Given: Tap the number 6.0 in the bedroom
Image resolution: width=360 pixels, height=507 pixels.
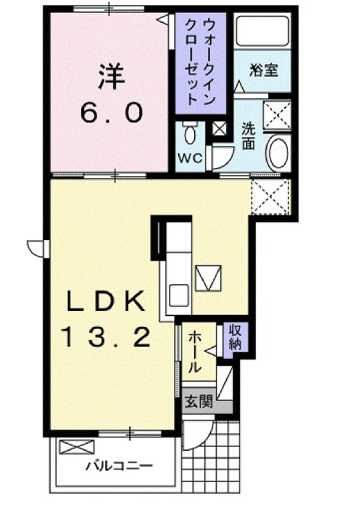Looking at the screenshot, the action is click(x=112, y=112).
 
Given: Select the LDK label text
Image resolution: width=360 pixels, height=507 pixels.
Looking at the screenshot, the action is click(x=105, y=301).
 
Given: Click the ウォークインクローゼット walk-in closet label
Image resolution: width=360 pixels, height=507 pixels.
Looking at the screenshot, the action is click(x=200, y=62).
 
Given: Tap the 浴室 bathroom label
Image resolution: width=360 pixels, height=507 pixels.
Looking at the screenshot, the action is click(x=264, y=70).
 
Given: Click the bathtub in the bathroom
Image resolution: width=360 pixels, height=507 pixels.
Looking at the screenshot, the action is click(x=262, y=31).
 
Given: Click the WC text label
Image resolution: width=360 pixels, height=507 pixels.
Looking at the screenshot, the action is click(x=190, y=158).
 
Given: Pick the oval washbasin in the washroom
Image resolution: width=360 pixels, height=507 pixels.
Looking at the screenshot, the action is click(x=277, y=153).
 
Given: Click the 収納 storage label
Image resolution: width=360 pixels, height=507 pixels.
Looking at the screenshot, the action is click(x=236, y=338).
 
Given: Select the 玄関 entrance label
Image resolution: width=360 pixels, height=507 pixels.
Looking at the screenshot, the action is click(x=199, y=402).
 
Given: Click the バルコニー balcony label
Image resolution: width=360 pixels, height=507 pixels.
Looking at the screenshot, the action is click(x=119, y=466).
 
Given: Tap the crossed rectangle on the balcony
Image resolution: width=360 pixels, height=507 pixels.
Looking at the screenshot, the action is click(x=77, y=447).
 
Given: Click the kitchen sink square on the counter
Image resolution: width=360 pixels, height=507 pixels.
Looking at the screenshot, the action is click(x=179, y=294).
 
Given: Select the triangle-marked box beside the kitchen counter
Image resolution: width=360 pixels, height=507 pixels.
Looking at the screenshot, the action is click(x=208, y=278).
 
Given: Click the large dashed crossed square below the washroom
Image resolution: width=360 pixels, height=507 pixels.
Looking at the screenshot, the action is click(x=270, y=197).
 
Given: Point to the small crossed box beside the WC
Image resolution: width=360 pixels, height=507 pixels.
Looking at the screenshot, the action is click(x=219, y=129).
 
